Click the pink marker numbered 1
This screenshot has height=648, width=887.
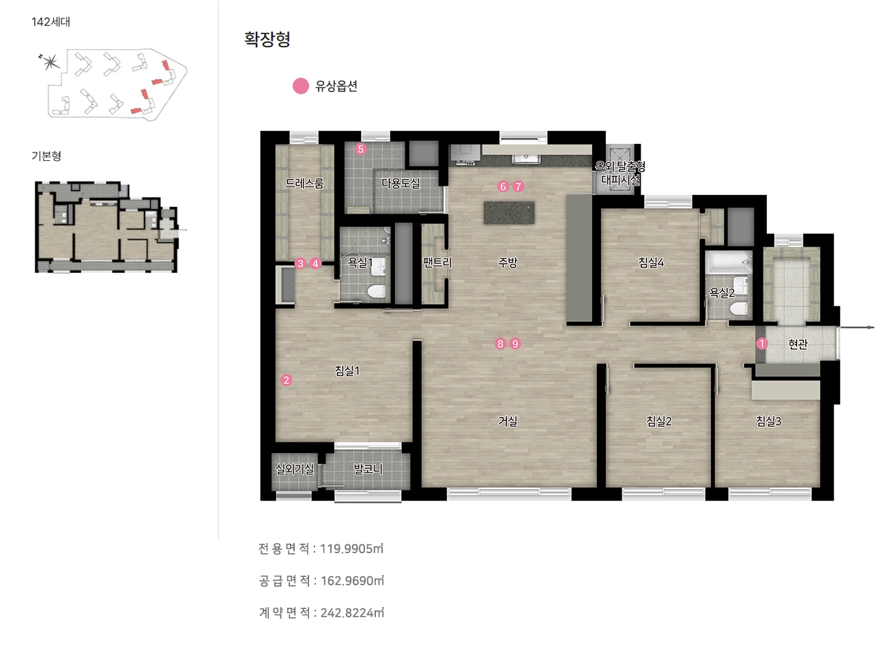coord(762,344)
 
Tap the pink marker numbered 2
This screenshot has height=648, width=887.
coord(287,381)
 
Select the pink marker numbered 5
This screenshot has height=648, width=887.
coord(360,149)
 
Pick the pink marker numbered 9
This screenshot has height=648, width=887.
coord(514,344)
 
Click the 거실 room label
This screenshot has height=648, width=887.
coord(508,421)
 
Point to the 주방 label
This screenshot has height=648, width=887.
coord(508,263)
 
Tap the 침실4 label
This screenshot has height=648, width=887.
coord(651,263)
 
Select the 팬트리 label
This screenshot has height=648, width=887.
coord(437,263)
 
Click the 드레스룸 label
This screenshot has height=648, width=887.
coord(304,183)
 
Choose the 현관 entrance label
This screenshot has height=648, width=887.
coord(798,344)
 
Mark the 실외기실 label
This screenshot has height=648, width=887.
coord(295,469)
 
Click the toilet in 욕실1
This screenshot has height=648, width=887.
coord(376,292)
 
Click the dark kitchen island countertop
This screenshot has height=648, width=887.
coord(509,213)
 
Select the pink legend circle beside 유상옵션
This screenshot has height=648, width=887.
coord(300,86)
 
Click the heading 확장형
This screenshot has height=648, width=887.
coord(267,39)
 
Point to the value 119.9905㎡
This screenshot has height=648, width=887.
coord(351,548)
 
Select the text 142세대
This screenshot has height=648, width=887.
coord(50,22)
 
